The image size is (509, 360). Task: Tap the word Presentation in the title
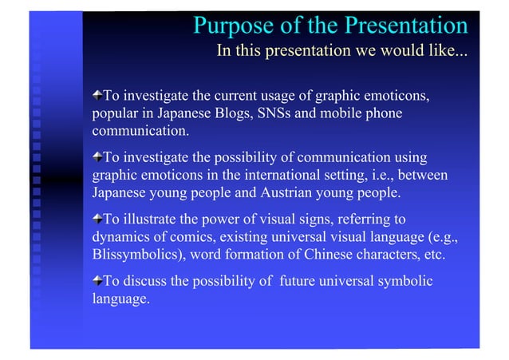coord(404,26)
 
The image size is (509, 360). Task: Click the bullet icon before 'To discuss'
coord(97,281)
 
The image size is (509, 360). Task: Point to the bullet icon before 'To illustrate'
coord(97,220)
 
